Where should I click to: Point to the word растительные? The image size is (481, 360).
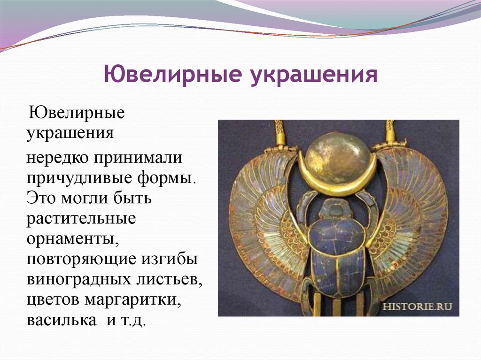pyautogui.click(x=81, y=219)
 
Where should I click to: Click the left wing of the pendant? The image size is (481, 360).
pyautogui.click(x=263, y=216)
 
